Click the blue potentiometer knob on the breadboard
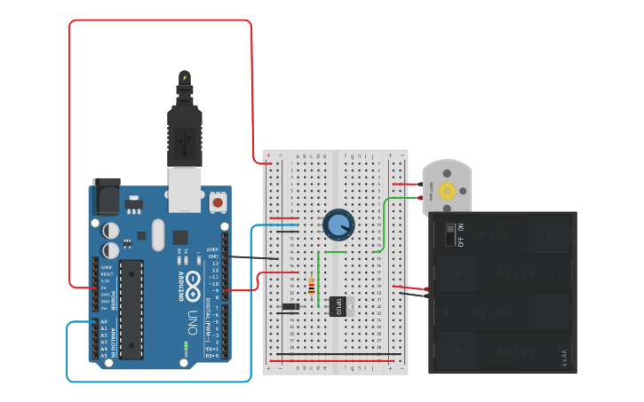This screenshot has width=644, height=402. click(x=338, y=224)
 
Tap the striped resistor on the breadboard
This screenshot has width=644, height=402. click(x=311, y=286)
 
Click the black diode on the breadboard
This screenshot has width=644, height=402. click(x=290, y=307)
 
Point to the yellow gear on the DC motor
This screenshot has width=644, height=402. click(x=446, y=190)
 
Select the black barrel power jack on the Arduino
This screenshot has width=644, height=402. click(x=107, y=196)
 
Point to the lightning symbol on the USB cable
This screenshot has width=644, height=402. click(x=185, y=78)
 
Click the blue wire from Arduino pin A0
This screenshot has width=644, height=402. click(x=160, y=381)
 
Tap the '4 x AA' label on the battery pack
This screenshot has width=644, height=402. click(x=563, y=358)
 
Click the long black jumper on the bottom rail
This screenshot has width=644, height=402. click(x=329, y=353)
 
